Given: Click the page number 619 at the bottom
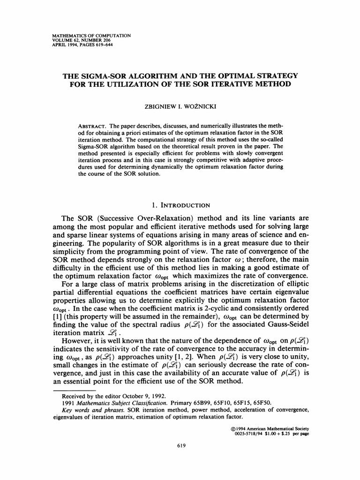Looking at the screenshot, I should (x=180, y=446).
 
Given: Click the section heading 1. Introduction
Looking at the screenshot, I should (x=180, y=205).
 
